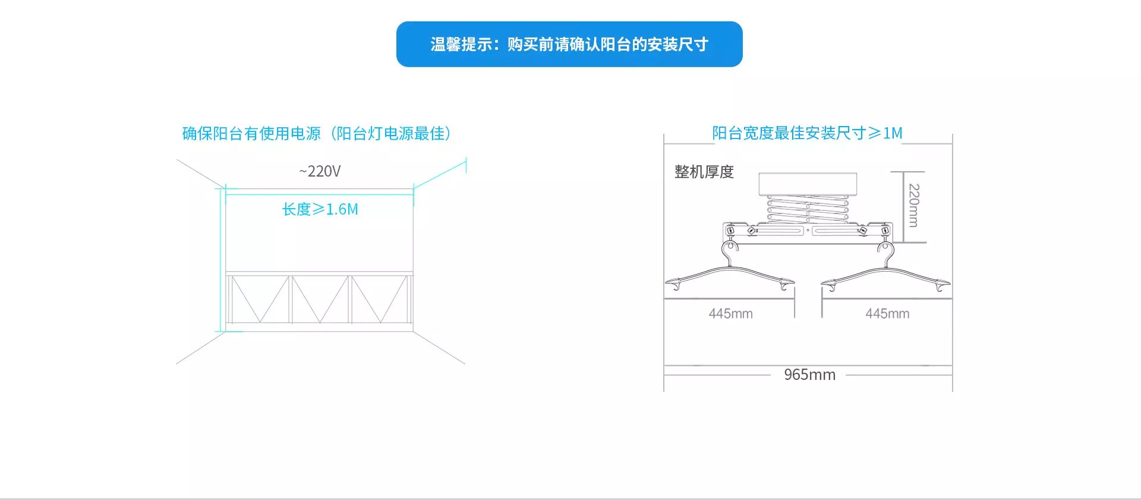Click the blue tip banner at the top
pyautogui.click(x=569, y=44)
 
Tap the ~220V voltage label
pyautogui.click(x=320, y=171)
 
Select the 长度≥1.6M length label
pyautogui.click(x=320, y=209)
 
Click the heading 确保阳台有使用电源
pyautogui.click(x=251, y=133)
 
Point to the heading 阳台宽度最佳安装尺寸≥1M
pyautogui.click(x=807, y=133)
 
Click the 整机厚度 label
pyautogui.click(x=704, y=172)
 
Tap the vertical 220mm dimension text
pyautogui.click(x=914, y=205)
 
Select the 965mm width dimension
pyautogui.click(x=809, y=375)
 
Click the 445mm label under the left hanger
pyautogui.click(x=730, y=313)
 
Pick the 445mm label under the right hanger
pyautogui.click(x=887, y=313)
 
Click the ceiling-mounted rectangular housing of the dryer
pyautogui.click(x=808, y=184)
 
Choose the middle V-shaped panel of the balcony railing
pyautogui.click(x=320, y=299)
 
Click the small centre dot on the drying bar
pyautogui.click(x=808, y=231)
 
